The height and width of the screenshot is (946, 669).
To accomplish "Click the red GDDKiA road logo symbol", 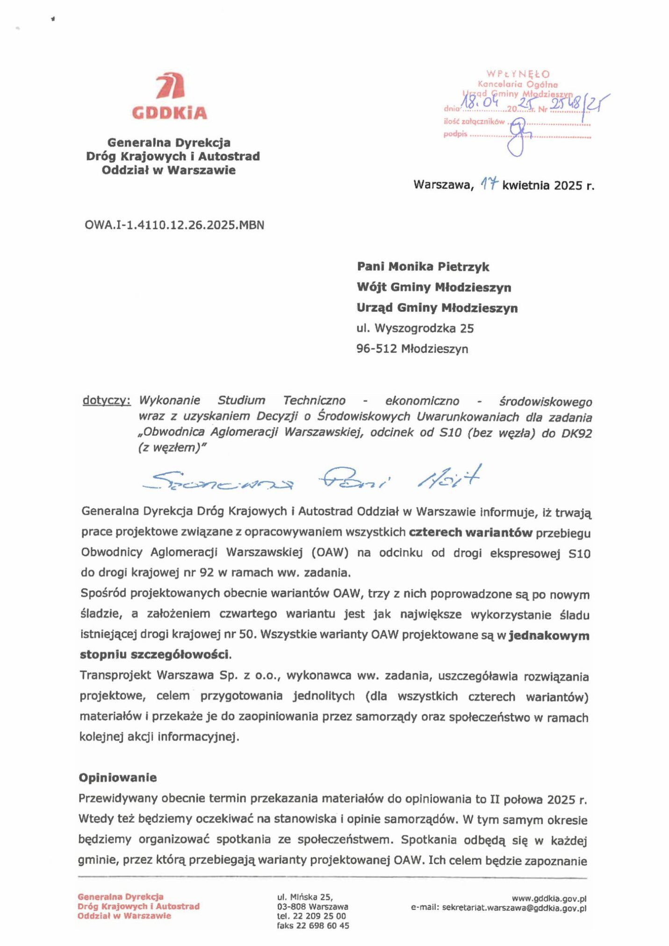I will [169, 86].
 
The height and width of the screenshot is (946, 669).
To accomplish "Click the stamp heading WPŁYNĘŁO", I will [518, 74].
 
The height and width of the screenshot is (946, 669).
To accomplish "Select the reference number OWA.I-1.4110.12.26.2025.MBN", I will [174, 225].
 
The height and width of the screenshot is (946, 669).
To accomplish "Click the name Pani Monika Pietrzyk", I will [423, 266].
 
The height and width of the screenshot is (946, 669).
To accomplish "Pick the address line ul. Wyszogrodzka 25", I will [415, 328].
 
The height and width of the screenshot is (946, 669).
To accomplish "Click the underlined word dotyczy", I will [106, 401].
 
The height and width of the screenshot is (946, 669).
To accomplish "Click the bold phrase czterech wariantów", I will [470, 533].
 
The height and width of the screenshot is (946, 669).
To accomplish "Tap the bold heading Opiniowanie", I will [117, 778].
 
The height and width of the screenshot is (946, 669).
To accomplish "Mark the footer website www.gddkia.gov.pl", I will [549, 898].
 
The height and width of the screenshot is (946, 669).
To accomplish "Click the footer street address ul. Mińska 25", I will [304, 897].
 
